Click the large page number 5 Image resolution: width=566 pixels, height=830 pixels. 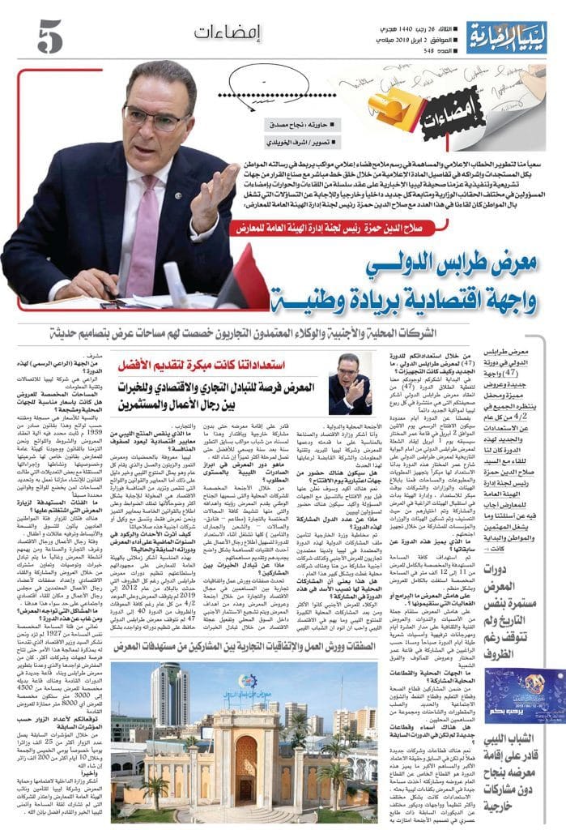click(x=49, y=36)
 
